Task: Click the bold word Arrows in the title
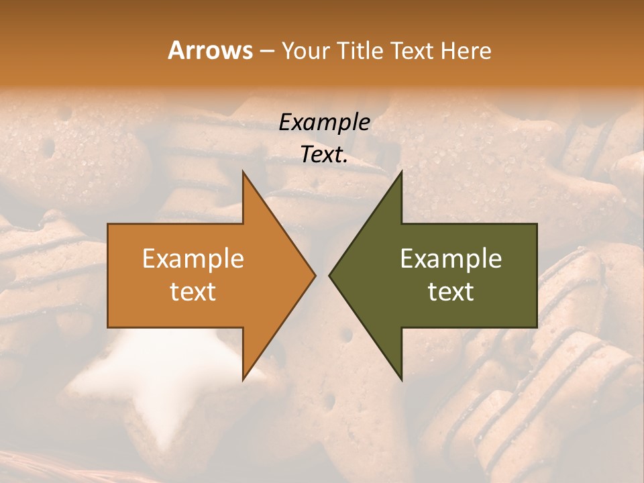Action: [x=210, y=50]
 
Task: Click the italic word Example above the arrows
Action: [x=324, y=122]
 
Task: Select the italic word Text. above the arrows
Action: [x=324, y=155]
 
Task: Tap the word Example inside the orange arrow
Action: [x=193, y=259]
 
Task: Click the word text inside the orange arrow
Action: [x=193, y=292]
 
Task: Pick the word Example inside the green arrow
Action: [x=451, y=259]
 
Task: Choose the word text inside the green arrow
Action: [x=451, y=292]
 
